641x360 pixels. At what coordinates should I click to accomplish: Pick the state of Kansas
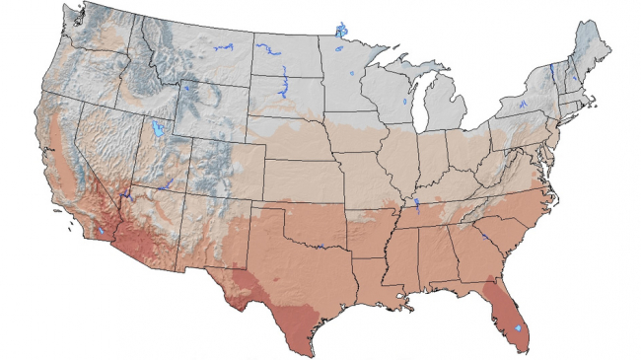coord(301,176)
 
